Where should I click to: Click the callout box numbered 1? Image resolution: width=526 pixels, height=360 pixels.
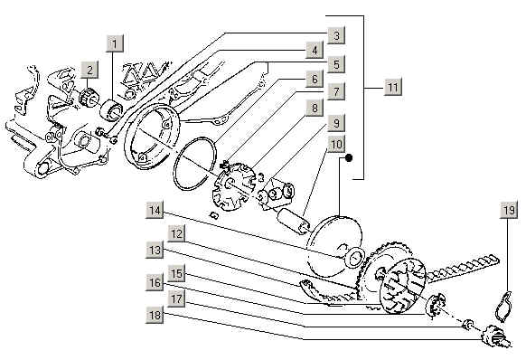click(115, 43)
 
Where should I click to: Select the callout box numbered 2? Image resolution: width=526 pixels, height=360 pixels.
click(89, 70)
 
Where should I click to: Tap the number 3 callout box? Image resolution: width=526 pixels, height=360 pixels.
click(336, 35)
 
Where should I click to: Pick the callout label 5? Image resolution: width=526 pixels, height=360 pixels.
click(336, 64)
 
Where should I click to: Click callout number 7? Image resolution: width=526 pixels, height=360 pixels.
click(336, 90)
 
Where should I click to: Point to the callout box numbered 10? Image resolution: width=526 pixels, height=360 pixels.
click(336, 144)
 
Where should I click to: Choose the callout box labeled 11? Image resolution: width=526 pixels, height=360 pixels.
click(393, 87)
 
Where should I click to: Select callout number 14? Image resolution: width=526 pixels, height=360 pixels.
click(155, 210)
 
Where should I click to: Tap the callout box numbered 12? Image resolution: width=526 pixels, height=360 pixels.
click(176, 233)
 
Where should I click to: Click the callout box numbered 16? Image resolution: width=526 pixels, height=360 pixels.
click(155, 282)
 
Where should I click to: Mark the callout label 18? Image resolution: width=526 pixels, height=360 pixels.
click(155, 315)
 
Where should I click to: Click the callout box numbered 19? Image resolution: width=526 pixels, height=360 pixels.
click(509, 210)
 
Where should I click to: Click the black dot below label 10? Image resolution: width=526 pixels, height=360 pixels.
click(349, 157)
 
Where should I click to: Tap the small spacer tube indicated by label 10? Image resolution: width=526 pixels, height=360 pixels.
click(293, 221)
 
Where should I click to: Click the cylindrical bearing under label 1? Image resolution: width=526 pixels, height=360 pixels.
click(112, 109)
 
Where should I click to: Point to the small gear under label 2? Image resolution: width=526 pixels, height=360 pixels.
click(88, 97)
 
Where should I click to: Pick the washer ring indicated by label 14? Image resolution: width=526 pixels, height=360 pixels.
click(355, 259)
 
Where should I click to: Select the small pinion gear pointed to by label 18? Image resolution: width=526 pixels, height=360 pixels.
click(493, 336)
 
